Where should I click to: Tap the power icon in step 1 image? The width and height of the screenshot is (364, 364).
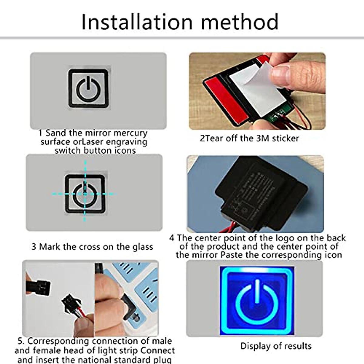click(88, 89)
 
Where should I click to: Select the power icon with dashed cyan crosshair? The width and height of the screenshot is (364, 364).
click(85, 194)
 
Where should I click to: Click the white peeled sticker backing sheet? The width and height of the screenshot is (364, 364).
click(255, 85)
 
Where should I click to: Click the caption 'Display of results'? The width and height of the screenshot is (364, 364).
click(276, 346)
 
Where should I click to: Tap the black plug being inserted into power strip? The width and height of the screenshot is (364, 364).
click(129, 306)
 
